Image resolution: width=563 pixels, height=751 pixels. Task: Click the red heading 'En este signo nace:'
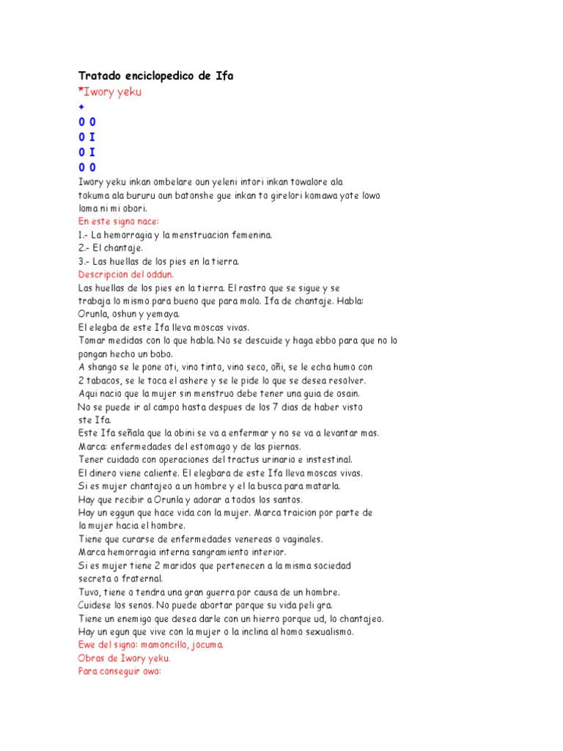click(119, 221)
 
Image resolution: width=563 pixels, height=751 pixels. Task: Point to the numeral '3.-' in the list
click(85, 261)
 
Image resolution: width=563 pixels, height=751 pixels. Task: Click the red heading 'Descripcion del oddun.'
click(125, 274)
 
